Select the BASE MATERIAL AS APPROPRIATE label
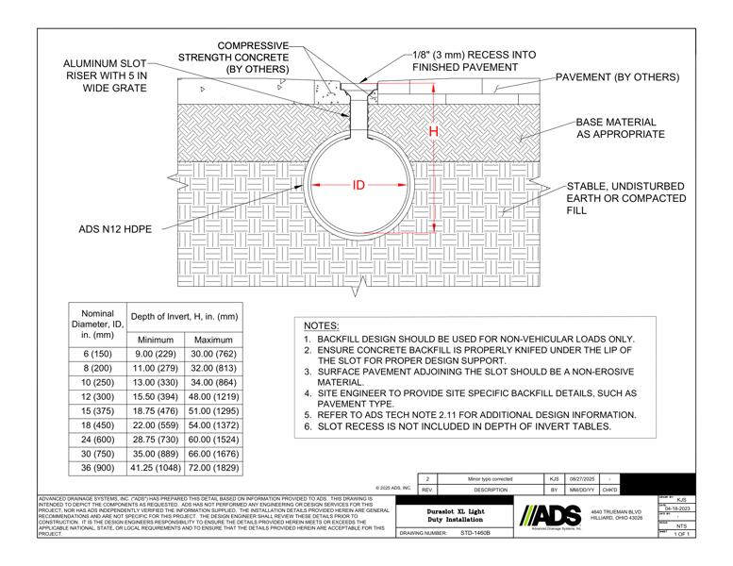[x=620, y=128]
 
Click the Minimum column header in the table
[x=156, y=339]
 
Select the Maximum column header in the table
[x=213, y=339]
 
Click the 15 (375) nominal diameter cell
[x=98, y=412]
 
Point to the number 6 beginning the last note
[x=307, y=427]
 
